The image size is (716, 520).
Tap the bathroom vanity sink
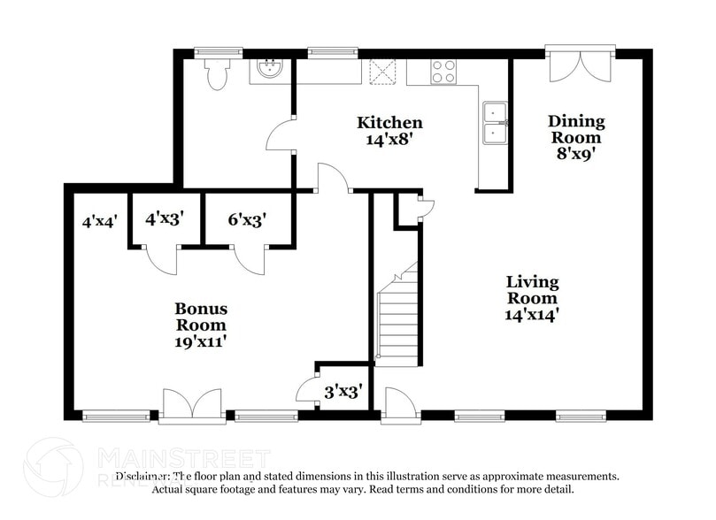point(267,70)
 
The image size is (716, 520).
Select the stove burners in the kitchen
point(443,72)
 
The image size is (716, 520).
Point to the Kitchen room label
point(389,123)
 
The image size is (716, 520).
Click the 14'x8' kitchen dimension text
point(389,139)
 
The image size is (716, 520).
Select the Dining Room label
point(576,129)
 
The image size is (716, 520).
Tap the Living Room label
point(532,289)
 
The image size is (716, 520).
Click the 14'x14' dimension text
point(532,313)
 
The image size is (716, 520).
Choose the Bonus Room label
point(201,317)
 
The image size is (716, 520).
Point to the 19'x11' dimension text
point(201,341)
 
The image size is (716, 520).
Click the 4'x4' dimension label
point(100,222)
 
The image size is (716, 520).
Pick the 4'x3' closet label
point(164,218)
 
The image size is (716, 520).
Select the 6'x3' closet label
point(247,218)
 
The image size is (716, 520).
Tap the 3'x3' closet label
point(343,389)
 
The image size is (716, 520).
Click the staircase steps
point(397,318)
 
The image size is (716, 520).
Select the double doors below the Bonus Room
point(191,404)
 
